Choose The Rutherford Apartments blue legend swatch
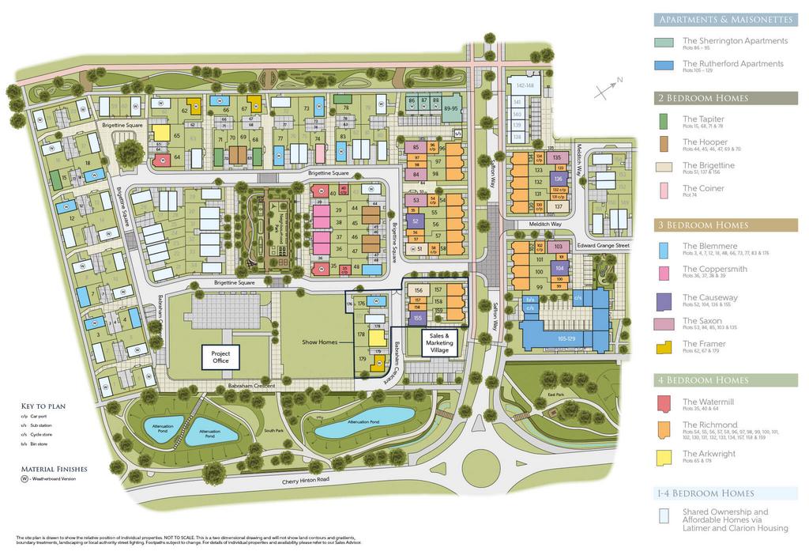(664, 66)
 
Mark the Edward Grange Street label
(603, 246)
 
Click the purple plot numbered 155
(417, 318)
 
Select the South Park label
(274, 430)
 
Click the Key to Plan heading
(45, 406)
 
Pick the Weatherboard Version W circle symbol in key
(25, 479)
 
